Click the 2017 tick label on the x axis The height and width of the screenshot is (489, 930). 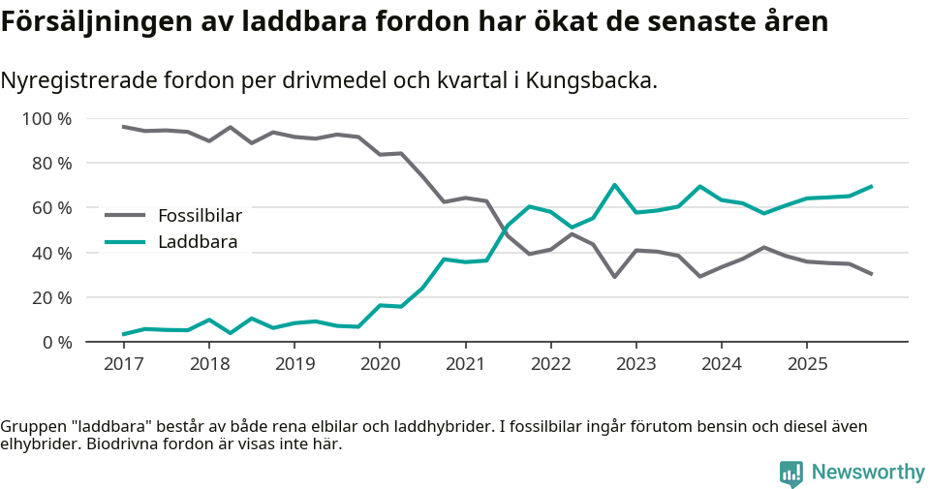click(x=123, y=364)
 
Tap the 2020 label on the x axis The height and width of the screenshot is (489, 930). click(x=379, y=364)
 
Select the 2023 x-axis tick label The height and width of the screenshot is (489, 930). click(x=635, y=364)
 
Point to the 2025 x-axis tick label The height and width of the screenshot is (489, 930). click(x=806, y=364)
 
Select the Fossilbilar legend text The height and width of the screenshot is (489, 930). click(x=200, y=216)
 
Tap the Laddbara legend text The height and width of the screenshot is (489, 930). click(x=198, y=242)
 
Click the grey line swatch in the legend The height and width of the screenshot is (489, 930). click(x=124, y=216)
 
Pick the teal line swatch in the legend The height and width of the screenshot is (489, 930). click(x=124, y=242)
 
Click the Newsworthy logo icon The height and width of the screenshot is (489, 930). click(x=790, y=473)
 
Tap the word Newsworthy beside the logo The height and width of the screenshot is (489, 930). click(x=868, y=473)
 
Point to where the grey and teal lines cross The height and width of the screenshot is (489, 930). click(x=505, y=229)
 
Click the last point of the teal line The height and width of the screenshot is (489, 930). click(x=871, y=186)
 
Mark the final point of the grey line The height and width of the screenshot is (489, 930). click(x=871, y=274)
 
